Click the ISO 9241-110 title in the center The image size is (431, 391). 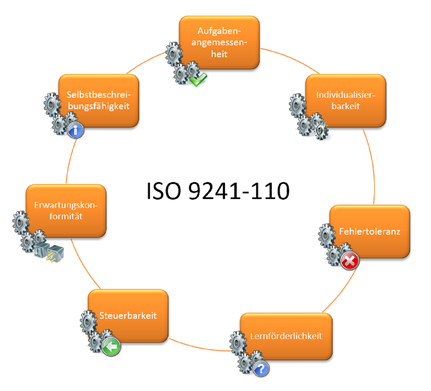[218, 191]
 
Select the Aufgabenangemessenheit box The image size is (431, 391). [219, 43]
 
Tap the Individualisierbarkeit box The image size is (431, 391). [346, 100]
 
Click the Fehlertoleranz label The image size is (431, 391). [370, 232]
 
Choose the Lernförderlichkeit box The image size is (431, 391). [286, 336]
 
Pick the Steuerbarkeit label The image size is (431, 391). [128, 316]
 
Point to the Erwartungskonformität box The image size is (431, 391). [66, 211]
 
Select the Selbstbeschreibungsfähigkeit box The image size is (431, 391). [99, 100]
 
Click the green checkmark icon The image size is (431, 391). [198, 79]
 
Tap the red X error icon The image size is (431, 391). [350, 261]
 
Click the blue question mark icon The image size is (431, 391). [261, 369]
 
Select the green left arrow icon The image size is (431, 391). [111, 347]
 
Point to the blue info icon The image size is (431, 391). [76, 130]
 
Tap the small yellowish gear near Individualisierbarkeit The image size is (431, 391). [321, 131]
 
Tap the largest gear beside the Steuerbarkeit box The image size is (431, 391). [88, 321]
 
